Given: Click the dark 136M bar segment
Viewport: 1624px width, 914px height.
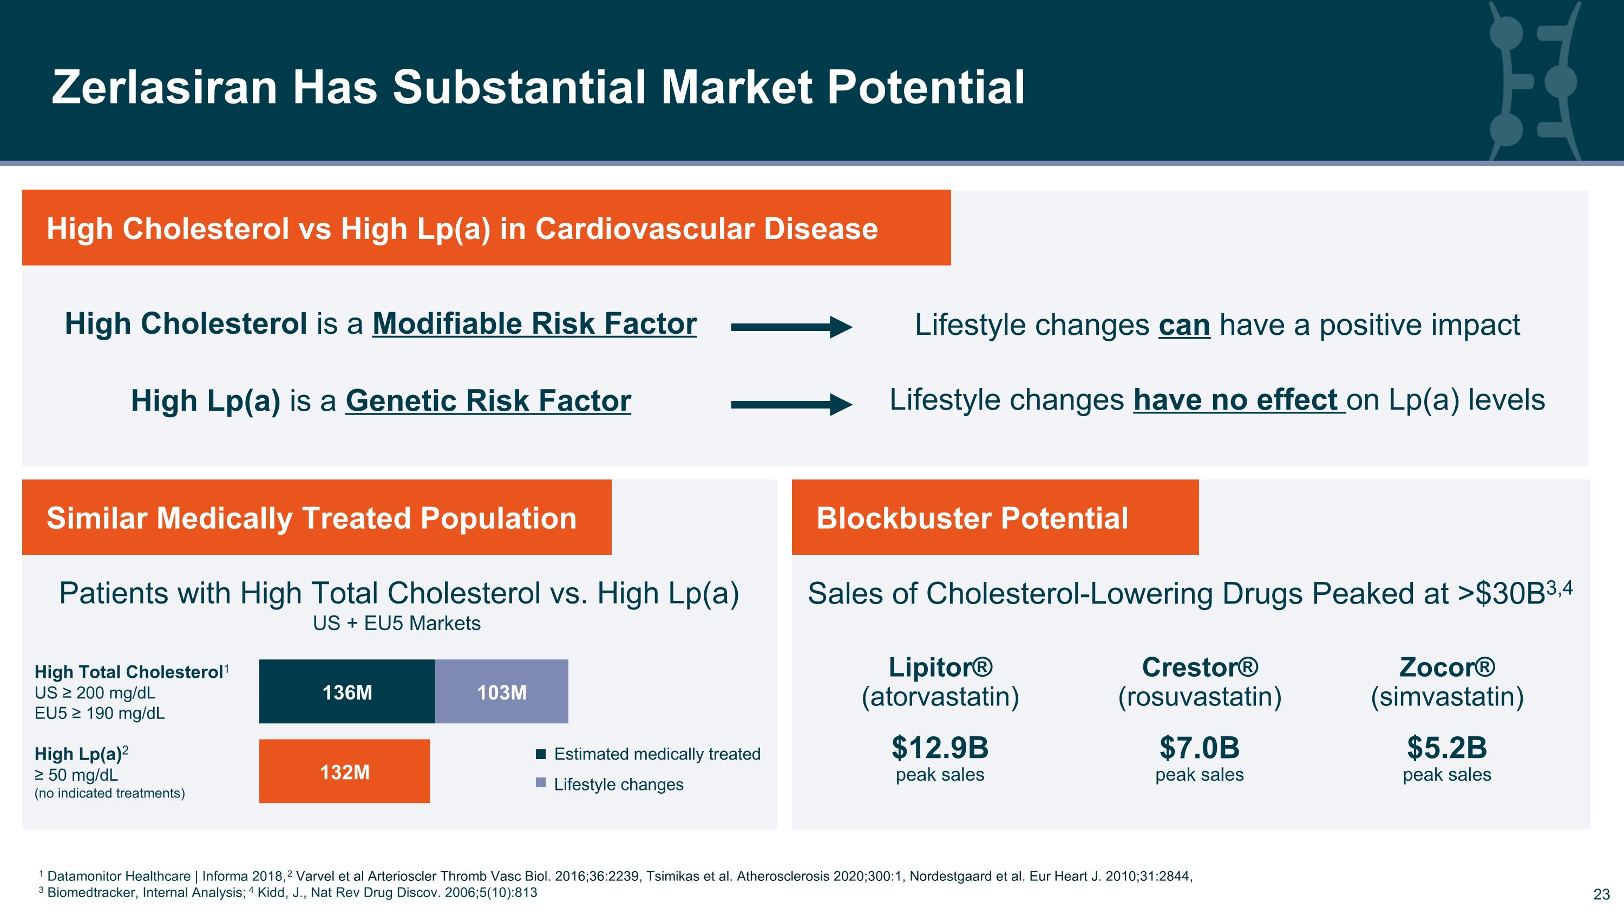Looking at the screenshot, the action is pos(347,691).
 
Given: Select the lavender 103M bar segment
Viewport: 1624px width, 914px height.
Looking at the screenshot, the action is pos(501,691).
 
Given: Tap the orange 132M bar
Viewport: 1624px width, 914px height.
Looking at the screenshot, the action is pos(344,771).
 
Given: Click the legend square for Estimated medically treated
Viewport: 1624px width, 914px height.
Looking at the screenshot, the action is pos(540,754).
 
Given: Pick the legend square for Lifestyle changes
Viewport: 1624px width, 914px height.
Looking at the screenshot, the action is pos(540,783).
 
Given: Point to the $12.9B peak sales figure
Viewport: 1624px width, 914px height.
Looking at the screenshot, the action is pos(940,748).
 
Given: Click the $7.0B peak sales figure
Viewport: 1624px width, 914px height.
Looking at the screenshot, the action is pos(1199,748).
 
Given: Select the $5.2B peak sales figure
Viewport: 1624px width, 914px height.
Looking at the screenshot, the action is pos(1447,748).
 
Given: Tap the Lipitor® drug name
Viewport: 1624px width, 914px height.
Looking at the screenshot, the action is pos(940,667).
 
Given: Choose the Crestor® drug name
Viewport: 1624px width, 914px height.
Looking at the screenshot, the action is pos(1200,667).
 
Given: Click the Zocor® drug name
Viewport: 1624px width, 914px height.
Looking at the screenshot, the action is pos(1447,667).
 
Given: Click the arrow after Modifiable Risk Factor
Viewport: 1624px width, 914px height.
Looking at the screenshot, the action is pos(792,327).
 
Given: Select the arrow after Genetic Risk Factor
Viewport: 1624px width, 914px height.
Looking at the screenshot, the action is pos(792,404).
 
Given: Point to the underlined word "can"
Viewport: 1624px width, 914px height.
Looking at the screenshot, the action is pos(1184,326).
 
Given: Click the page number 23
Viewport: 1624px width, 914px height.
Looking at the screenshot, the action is pos(1601,894).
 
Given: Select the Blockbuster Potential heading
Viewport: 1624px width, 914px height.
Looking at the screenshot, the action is pos(972,518).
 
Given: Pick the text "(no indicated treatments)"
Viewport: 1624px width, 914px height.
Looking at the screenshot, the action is pos(110,793).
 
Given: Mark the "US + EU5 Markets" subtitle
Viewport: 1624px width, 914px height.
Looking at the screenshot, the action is pos(397,623).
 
